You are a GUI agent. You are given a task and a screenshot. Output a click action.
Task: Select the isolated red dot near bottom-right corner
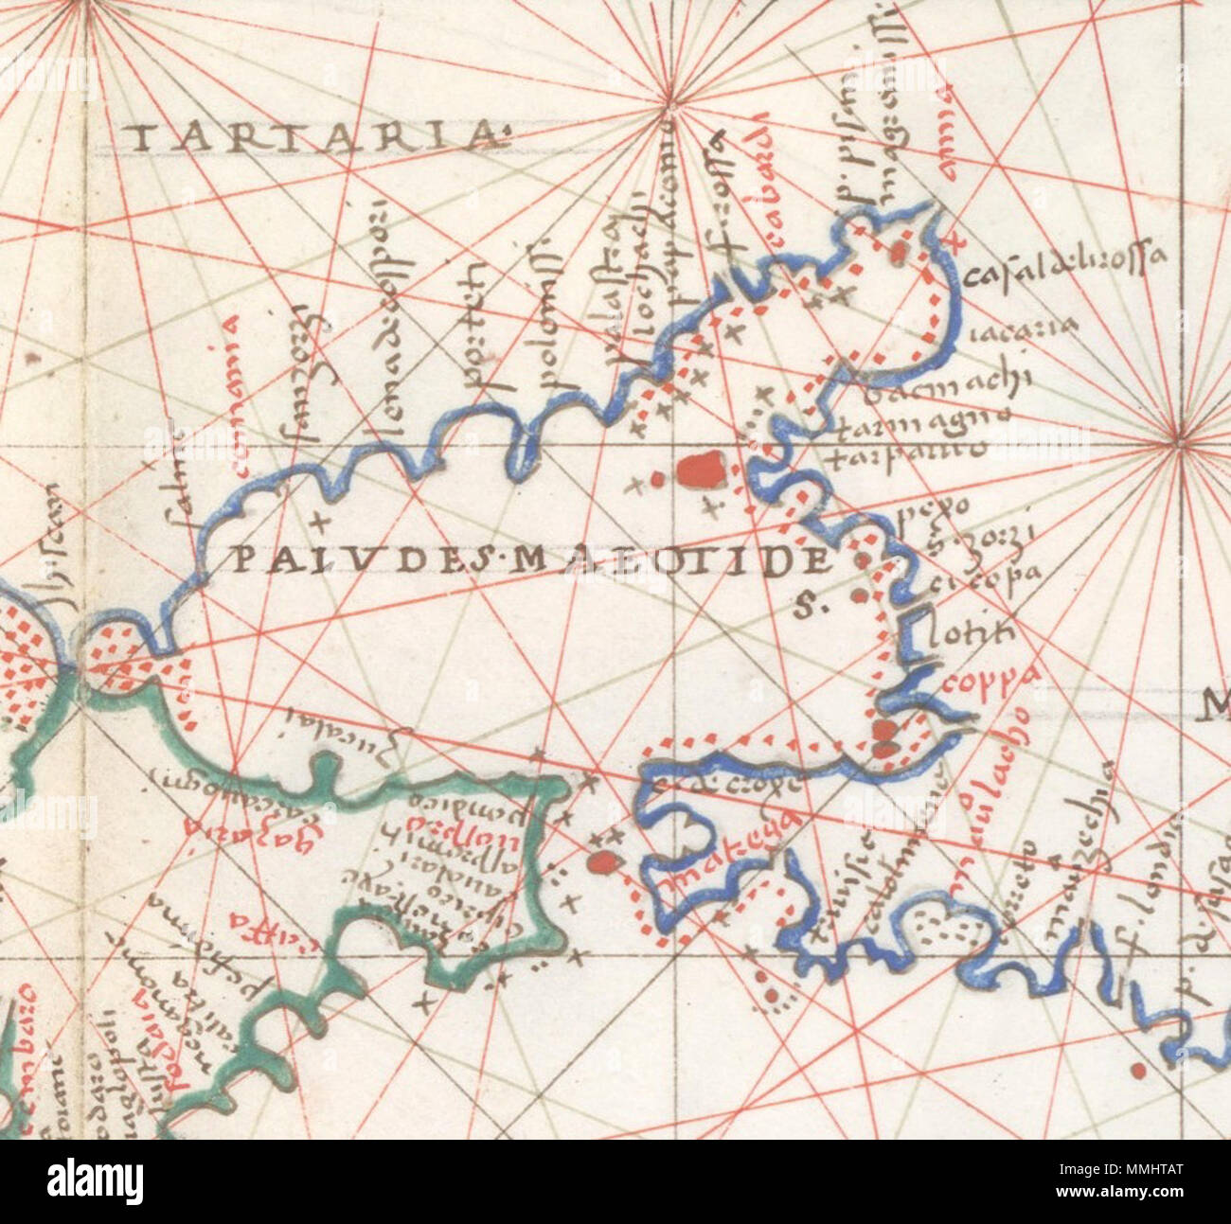[1137, 1072]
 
